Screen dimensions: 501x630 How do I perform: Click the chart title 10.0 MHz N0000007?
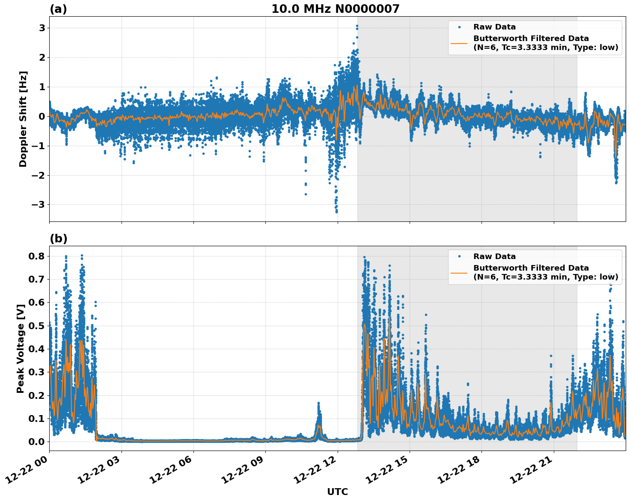point(335,9)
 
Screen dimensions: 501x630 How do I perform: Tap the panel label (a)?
point(58,9)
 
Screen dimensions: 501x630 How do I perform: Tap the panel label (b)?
point(58,239)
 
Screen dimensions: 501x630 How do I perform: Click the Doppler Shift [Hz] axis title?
point(23,119)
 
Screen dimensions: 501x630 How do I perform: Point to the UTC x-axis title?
point(337,492)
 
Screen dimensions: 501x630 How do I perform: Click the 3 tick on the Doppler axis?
point(42,28)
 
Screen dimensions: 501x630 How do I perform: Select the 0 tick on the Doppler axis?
point(42,116)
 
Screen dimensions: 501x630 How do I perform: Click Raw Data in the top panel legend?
point(494,27)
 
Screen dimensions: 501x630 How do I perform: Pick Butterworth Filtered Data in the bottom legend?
point(531,268)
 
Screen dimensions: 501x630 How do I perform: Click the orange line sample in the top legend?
point(459,43)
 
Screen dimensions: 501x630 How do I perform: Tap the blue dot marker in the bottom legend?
point(459,256)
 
